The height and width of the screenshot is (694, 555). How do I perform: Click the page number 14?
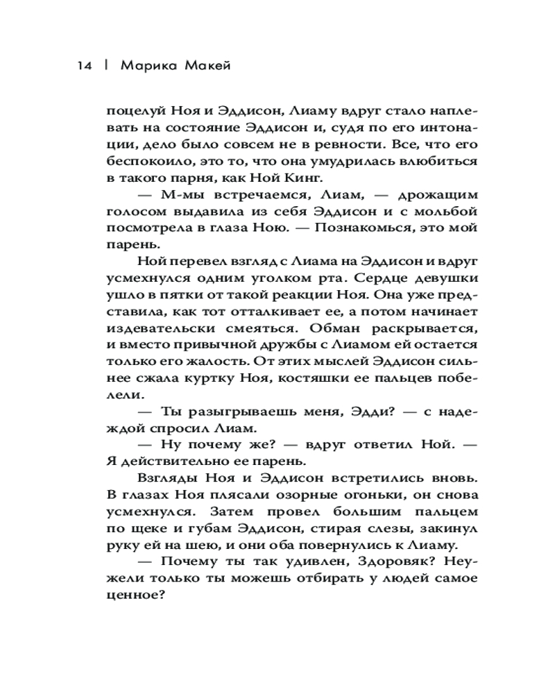[x=84, y=67]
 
